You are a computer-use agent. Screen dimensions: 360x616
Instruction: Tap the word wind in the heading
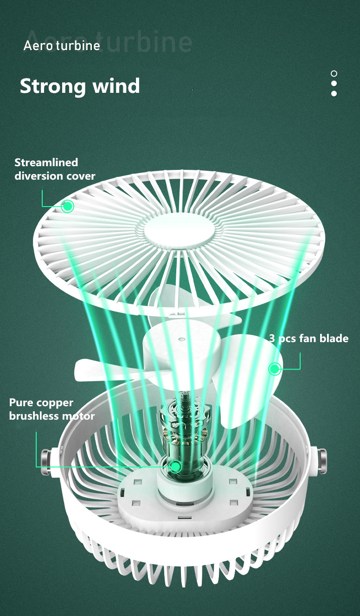point(116,86)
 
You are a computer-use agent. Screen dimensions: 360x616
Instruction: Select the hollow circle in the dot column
point(334,74)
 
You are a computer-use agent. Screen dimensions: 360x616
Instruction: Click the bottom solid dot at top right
point(334,94)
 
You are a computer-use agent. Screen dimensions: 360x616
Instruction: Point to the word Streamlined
point(46,162)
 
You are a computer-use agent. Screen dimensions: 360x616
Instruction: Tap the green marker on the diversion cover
point(68,206)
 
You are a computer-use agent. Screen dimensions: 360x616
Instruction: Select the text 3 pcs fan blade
point(309,338)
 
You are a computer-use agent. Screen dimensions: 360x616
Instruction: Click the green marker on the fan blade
point(275,369)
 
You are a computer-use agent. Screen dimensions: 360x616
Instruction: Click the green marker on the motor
point(175,467)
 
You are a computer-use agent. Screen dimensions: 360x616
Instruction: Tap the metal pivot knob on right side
point(321,461)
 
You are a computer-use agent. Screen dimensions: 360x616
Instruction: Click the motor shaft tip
point(186,395)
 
